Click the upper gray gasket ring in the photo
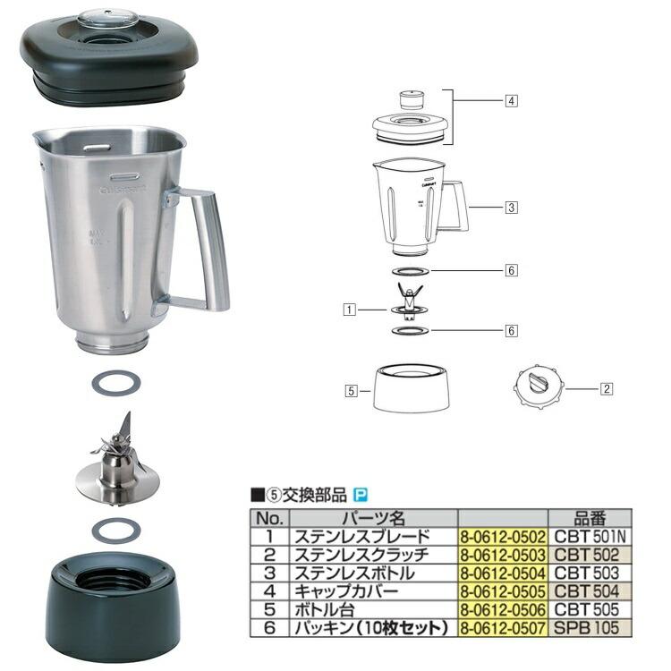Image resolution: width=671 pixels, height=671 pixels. pyautogui.click(x=116, y=382)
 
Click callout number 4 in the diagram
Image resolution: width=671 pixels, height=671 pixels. pyautogui.click(x=511, y=101)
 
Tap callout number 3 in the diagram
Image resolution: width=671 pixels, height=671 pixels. pyautogui.click(x=511, y=208)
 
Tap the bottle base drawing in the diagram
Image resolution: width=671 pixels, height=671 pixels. pyautogui.click(x=410, y=387)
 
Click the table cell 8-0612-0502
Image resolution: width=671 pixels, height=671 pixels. pyautogui.click(x=501, y=535)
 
